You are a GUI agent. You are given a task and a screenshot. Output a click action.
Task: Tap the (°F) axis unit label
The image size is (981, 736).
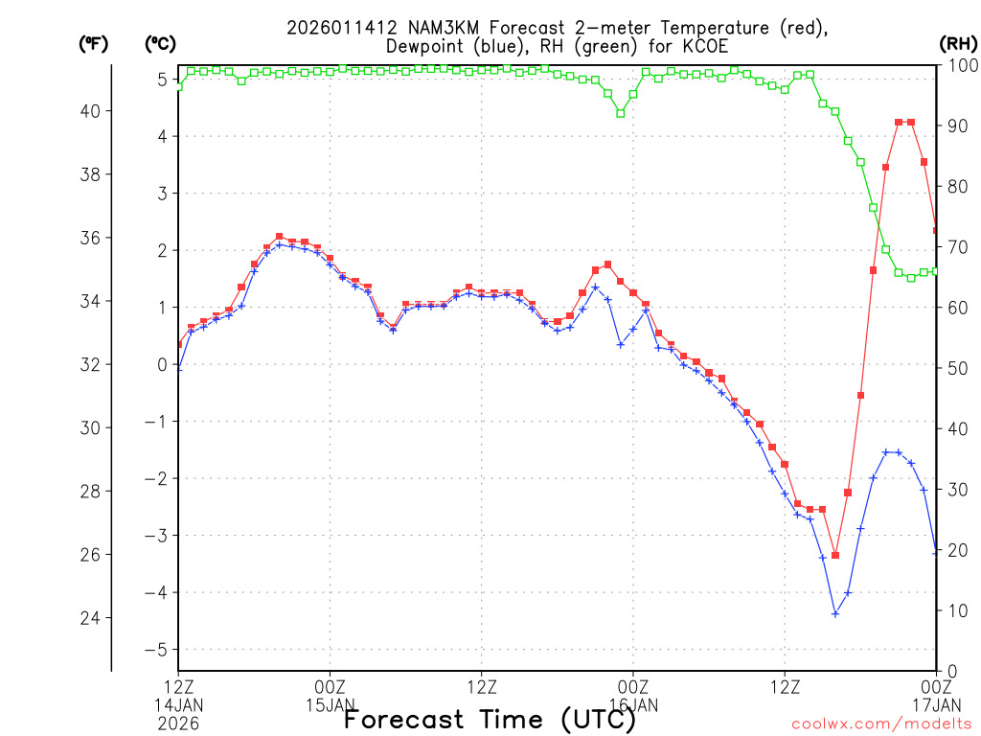click(x=94, y=44)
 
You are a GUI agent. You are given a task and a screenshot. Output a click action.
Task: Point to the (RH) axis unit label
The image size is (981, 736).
click(x=957, y=44)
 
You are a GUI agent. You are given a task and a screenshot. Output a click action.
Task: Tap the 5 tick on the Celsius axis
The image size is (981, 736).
click(x=163, y=80)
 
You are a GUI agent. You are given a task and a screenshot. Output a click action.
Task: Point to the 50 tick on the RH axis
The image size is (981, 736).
click(x=954, y=368)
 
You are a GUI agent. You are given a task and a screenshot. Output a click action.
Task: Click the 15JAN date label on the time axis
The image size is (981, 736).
click(x=331, y=705)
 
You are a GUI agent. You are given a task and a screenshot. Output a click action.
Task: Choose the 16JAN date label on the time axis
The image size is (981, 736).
click(x=633, y=705)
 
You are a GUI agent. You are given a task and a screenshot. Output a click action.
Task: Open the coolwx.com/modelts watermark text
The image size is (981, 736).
click(x=880, y=724)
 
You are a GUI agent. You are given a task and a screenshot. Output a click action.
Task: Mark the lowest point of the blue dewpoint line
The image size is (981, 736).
click(x=835, y=613)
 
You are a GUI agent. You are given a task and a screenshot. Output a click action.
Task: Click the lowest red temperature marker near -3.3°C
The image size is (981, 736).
click(x=835, y=555)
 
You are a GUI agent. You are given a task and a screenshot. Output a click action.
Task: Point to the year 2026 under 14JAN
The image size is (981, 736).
click(x=178, y=724)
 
